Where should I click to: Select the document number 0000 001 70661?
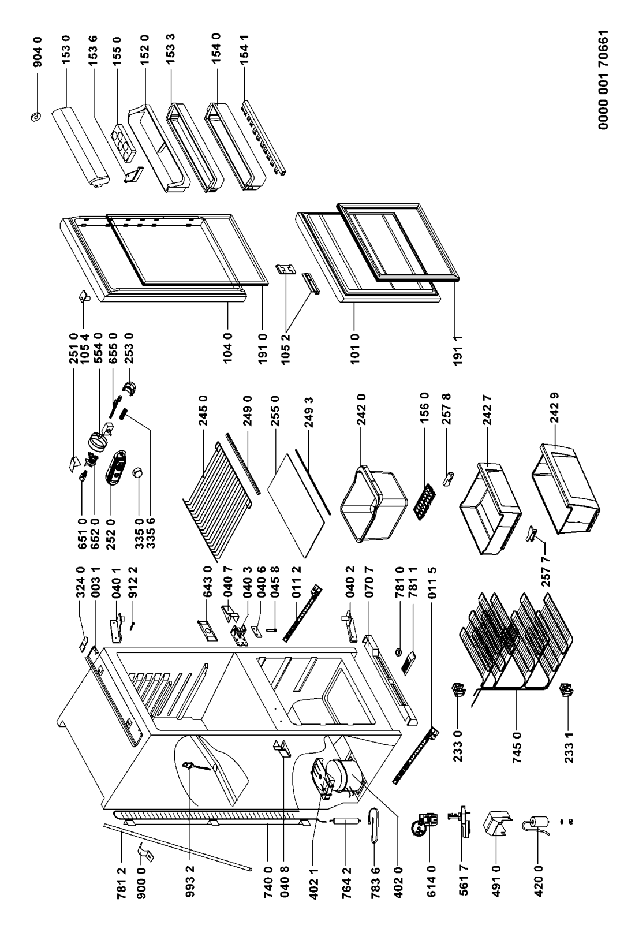[x=603, y=80]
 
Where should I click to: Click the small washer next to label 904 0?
[x=36, y=116]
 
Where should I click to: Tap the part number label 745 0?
[x=517, y=748]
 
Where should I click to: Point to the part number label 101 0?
[x=355, y=349]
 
